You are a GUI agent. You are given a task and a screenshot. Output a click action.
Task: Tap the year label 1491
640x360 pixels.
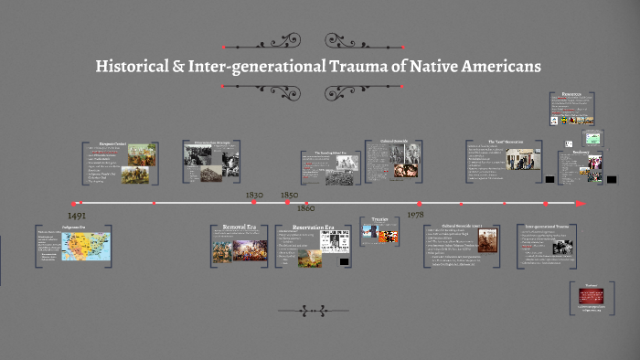pos(78,215)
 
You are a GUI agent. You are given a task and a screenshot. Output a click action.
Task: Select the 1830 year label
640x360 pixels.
pos(254,195)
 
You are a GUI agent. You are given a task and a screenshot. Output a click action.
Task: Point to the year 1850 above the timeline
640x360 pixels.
pos(288,195)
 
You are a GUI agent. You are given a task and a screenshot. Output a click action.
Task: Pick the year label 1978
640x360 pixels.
pos(415,214)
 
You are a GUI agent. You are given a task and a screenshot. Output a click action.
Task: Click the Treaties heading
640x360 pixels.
pos(380,219)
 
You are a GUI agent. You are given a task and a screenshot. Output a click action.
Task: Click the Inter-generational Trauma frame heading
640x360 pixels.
pos(548,225)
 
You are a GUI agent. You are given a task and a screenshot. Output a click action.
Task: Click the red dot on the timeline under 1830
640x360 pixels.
pos(255,203)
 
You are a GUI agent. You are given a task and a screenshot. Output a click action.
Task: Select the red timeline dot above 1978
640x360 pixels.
pos(419,203)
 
